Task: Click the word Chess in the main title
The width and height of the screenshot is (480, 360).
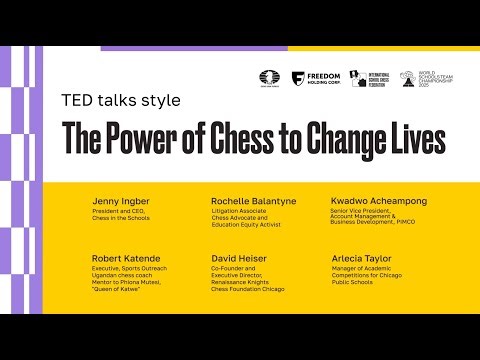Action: [233, 138]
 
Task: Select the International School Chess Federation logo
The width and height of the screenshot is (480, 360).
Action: [373, 78]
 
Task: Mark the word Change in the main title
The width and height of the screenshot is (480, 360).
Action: [318, 138]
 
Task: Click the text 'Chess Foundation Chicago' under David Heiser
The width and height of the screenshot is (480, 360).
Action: [246, 287]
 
